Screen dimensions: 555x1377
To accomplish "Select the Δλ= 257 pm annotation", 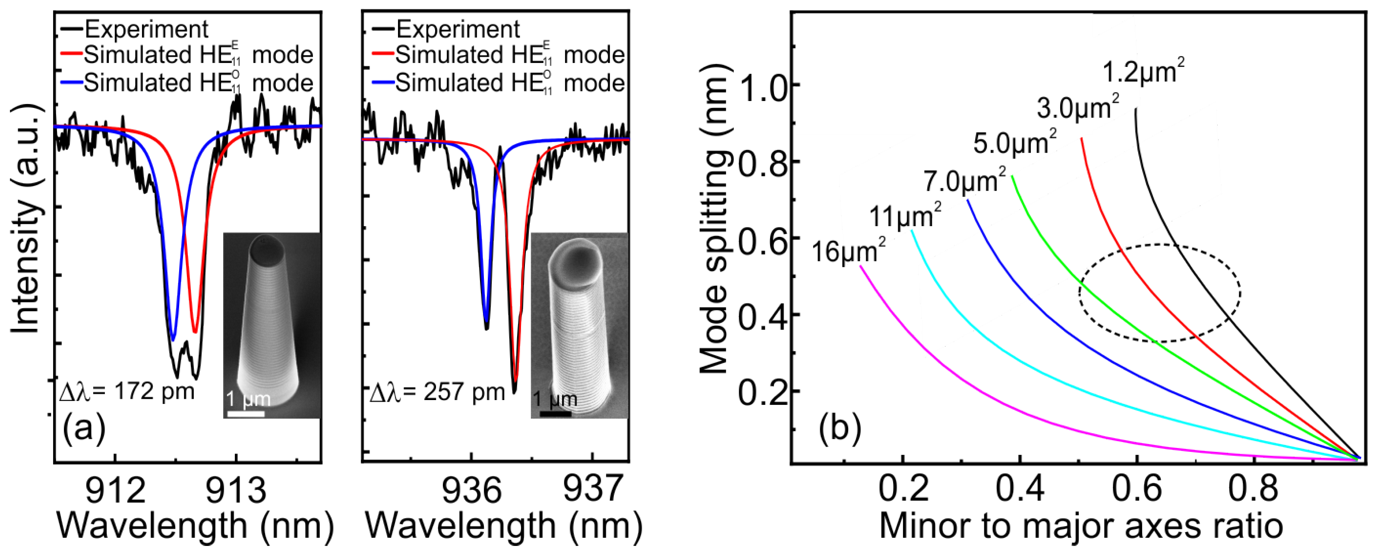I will point(437,392).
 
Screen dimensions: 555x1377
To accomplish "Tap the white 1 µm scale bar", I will point(245,414).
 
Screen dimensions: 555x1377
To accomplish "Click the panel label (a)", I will point(84,428).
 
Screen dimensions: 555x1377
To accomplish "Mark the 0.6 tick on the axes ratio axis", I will point(1137,489).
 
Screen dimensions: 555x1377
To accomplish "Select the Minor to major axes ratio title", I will point(1080,526).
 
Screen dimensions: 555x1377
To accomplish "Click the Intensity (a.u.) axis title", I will point(25,219).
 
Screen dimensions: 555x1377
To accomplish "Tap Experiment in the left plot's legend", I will point(146,29).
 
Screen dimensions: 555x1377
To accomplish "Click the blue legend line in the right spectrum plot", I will point(383,83).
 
